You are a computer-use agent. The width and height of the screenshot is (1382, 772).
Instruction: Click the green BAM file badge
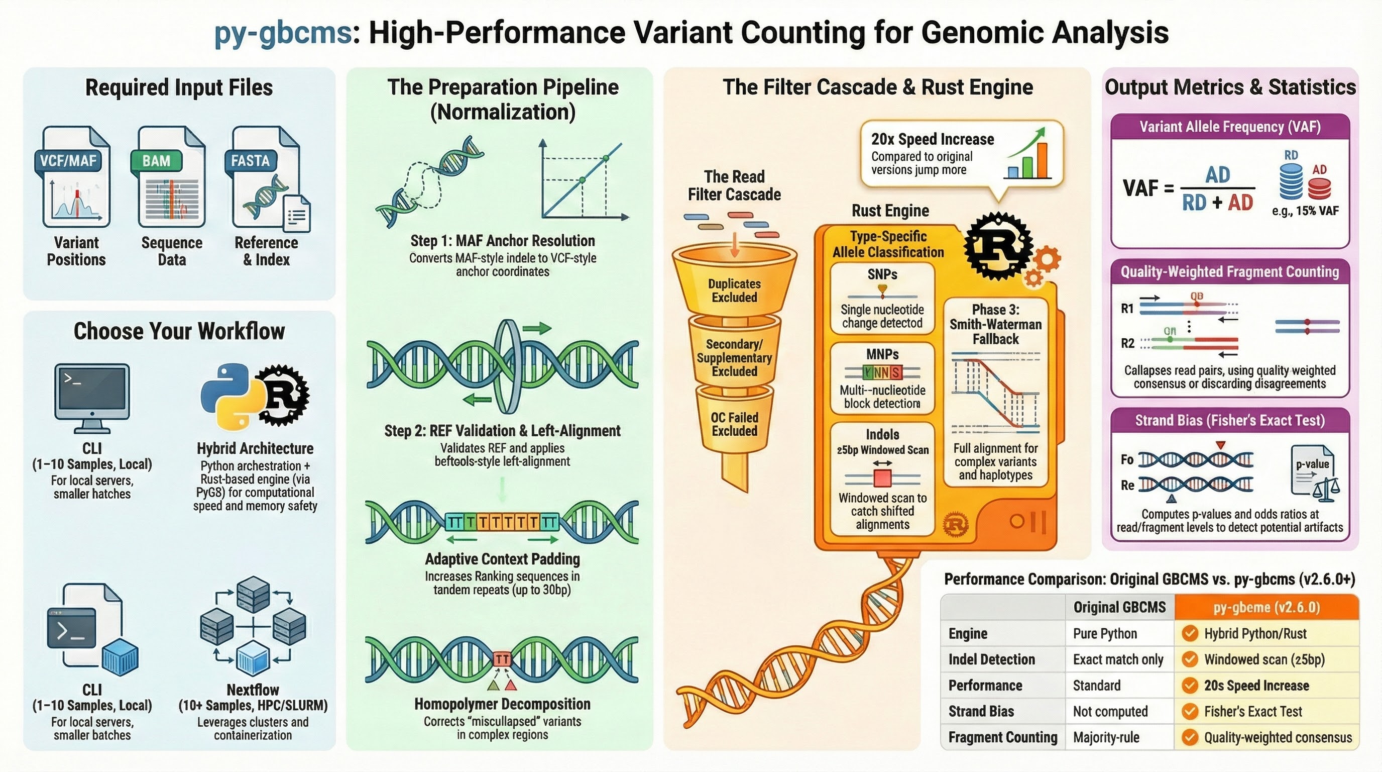coord(156,161)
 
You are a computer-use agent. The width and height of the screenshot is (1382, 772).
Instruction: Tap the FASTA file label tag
coord(250,161)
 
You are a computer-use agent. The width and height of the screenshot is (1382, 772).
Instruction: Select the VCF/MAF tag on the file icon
coord(68,161)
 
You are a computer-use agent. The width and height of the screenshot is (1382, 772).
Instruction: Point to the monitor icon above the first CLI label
coord(92,398)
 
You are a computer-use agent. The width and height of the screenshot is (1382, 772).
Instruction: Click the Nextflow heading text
coord(253,690)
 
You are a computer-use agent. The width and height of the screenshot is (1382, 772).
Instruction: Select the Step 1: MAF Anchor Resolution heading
coord(503,241)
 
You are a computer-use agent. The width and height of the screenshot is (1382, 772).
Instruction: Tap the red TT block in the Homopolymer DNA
coord(502,659)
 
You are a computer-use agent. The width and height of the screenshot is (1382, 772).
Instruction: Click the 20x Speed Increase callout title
coord(933,139)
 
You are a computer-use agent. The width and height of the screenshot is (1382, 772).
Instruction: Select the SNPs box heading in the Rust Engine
coord(882,274)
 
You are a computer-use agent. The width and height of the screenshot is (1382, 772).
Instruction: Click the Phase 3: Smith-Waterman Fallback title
coord(996,324)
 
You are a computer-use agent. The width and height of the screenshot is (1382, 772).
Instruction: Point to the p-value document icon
coord(1312,470)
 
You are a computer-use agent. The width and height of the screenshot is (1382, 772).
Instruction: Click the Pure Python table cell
coord(1105,633)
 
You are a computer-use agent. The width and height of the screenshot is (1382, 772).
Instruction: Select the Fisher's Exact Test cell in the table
coord(1253,711)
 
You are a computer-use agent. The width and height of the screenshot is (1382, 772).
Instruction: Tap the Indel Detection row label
coord(991,659)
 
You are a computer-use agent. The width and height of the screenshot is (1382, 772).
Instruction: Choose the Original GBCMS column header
coord(1119,607)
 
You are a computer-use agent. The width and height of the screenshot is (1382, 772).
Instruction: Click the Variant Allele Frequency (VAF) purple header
coord(1230,127)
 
